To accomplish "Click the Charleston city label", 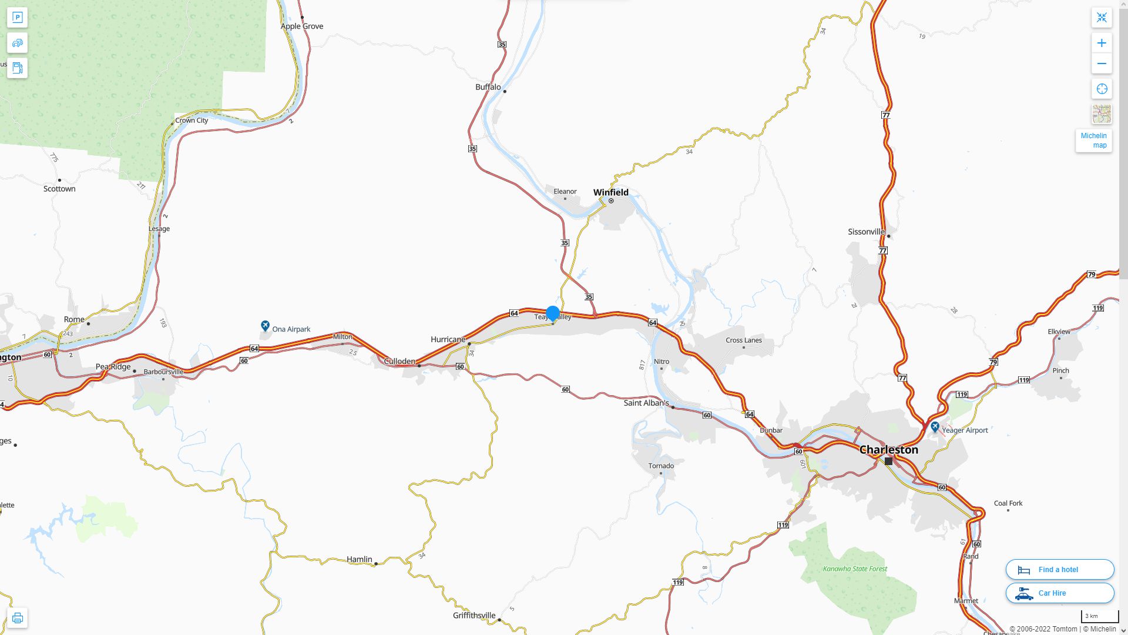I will [x=888, y=450].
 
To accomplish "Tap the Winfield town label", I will [x=610, y=192].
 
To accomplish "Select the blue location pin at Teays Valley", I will [x=553, y=313].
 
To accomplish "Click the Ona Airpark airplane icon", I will [x=265, y=326].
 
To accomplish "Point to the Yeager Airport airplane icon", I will [x=935, y=427].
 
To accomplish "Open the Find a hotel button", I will [x=1059, y=570].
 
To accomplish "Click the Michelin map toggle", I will [x=1093, y=141].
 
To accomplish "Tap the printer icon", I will [x=17, y=618].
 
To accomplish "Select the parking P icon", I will [x=17, y=17].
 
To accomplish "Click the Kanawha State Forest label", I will [x=855, y=569].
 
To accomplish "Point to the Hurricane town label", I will [x=448, y=339].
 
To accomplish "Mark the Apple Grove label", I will [x=302, y=26].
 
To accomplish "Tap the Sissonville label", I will [x=866, y=232].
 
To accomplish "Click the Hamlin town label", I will [x=359, y=559].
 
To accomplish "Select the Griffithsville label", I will [x=474, y=616].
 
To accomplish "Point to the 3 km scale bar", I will [x=1099, y=617].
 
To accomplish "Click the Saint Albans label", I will [x=646, y=403].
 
